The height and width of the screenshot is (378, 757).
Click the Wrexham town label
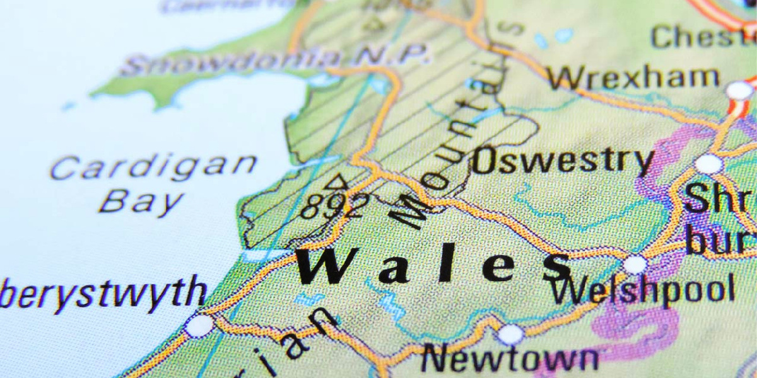point(633,78)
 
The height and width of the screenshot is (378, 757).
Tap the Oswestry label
point(563,161)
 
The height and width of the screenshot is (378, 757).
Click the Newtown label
point(510,360)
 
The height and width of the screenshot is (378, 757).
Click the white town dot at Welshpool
point(635,264)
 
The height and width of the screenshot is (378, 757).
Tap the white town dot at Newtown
point(510,334)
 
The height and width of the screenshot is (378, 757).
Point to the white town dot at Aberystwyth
point(199,326)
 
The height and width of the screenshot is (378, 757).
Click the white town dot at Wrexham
point(739,91)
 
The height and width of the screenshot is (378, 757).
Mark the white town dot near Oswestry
point(708,164)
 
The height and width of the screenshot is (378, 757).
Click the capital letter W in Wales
point(328,266)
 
